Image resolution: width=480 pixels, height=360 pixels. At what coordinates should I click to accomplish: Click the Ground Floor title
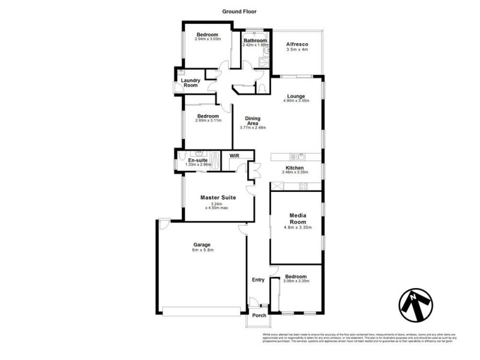[239, 11]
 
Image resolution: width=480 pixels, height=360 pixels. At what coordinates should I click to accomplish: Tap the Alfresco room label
[297, 44]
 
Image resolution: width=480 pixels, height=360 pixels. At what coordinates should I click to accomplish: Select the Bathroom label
[254, 40]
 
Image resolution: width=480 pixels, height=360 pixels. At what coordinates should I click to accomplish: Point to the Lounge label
[296, 96]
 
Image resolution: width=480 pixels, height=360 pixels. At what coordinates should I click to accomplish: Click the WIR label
[234, 155]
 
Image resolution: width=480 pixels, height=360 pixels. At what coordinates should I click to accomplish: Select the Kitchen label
[295, 167]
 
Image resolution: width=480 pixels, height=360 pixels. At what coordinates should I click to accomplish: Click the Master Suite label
[218, 197]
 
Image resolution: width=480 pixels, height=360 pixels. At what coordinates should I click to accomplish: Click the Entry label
[258, 280]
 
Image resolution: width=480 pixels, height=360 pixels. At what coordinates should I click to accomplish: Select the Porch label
[259, 315]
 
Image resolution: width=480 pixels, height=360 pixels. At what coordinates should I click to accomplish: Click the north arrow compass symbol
[416, 304]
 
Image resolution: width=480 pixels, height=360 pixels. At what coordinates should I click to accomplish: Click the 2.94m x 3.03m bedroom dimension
[209, 40]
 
